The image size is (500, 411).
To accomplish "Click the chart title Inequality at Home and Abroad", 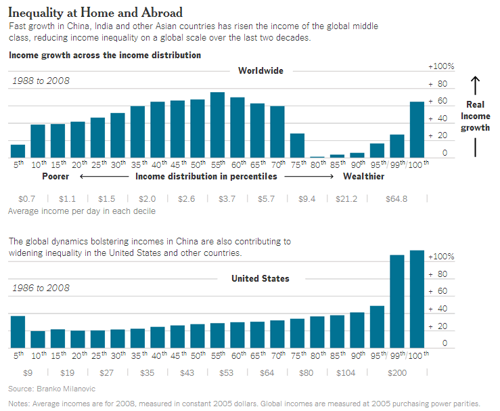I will point(95,13).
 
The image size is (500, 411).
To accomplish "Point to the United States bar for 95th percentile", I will point(377,327).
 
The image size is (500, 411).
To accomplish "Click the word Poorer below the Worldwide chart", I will point(56,177).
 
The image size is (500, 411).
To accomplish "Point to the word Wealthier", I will point(363,177).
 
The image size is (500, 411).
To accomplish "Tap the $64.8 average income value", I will point(396,199).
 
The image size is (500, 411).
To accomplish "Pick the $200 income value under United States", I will point(396,372).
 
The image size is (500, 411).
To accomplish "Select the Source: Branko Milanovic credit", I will point(42,389).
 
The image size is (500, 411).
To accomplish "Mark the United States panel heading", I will point(260,278).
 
